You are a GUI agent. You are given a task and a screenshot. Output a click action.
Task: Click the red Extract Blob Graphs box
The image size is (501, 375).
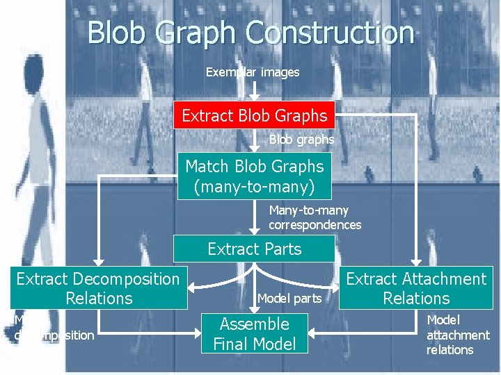[254, 115]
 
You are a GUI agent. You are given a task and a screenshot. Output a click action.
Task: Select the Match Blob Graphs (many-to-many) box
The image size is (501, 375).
[254, 176]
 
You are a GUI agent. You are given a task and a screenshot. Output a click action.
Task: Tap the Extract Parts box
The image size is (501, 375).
[254, 249]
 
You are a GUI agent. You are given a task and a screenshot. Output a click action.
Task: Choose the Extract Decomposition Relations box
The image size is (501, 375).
[98, 288]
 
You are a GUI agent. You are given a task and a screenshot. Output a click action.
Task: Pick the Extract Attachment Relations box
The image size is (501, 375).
[416, 288]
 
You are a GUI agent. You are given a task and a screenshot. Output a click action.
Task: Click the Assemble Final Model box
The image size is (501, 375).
[254, 333]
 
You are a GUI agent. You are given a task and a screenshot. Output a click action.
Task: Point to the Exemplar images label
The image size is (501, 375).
[253, 72]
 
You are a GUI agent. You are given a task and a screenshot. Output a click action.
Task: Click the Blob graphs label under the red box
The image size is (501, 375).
[301, 140]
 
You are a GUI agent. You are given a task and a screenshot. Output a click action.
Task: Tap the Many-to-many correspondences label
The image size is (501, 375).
[315, 217]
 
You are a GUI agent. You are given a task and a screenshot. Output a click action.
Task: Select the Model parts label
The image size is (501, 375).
[289, 299]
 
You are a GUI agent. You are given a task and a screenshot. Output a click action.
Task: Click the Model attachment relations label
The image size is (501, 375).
[457, 335]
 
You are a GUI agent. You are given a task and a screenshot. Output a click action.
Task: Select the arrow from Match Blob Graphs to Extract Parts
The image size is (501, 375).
[254, 219]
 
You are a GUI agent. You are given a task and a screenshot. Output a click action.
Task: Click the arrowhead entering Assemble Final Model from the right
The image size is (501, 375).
[312, 333]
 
